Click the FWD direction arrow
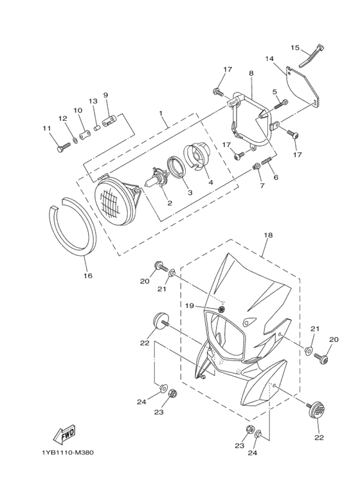tap(64, 434)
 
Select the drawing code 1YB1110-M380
tap(67, 452)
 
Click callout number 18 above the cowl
tap(268, 235)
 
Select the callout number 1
tap(161, 113)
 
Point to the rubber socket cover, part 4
tap(195, 156)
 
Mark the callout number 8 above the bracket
tap(251, 73)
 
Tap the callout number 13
tap(93, 101)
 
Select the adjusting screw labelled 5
tap(280, 104)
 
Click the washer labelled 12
tap(75, 140)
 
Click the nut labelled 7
tap(255, 166)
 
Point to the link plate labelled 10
tap(84, 136)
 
